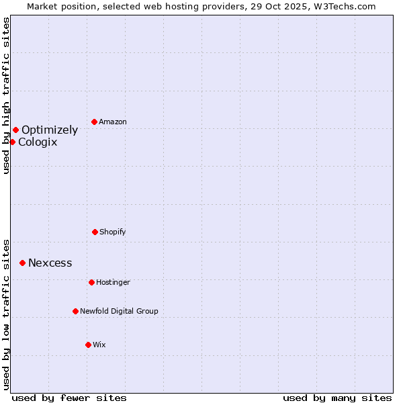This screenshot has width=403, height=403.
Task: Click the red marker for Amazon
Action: click(95, 122)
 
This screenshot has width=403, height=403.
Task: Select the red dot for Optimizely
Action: click(15, 130)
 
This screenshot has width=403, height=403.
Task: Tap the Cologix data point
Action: click(12, 142)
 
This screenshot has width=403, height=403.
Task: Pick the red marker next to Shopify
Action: click(95, 232)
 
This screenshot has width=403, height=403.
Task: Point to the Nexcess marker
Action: click(22, 263)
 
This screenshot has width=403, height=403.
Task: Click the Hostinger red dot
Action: click(91, 282)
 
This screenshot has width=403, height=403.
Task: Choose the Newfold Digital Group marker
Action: click(75, 311)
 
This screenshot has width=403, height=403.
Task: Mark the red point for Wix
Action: click(88, 345)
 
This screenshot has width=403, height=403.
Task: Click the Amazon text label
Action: click(113, 122)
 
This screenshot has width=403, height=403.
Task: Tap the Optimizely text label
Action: click(50, 130)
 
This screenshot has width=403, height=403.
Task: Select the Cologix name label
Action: click(38, 142)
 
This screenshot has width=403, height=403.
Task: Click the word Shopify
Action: click(113, 232)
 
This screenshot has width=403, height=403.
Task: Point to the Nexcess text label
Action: click(50, 263)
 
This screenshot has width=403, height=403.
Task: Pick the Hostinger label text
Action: click(113, 283)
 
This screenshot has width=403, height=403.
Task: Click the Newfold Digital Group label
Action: click(119, 312)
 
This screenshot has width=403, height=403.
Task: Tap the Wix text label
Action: click(99, 345)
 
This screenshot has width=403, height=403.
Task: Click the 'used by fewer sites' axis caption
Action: click(69, 398)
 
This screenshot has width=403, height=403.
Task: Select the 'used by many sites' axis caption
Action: click(337, 398)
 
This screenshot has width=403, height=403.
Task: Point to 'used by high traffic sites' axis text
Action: click(7, 95)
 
